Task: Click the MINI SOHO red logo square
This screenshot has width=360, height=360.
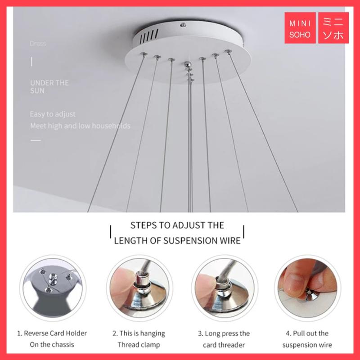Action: pos(300,28)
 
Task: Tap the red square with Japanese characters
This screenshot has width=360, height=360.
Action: pos(333,28)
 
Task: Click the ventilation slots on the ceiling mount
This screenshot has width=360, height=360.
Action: pos(149,36)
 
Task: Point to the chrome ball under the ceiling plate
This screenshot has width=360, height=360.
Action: pos(188,64)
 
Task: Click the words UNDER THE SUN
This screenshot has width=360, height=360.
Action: pos(49,86)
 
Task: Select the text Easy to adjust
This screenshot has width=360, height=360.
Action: pos(53,114)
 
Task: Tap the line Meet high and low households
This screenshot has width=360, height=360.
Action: pos(80,126)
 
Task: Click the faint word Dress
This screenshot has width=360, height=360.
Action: pos(38,44)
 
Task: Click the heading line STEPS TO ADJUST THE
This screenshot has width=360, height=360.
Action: pos(177,225)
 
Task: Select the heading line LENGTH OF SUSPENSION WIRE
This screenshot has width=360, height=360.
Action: pos(177,241)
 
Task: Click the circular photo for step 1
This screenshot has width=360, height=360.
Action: pos(53,288)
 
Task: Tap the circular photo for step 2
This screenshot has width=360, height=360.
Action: pos(139,288)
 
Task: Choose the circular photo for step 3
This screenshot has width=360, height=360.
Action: pos(225,288)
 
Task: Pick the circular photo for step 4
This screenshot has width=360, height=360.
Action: pos(307,288)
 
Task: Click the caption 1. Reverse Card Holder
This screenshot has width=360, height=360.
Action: pos(52,333)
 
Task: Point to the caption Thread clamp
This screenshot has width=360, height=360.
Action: pos(139,345)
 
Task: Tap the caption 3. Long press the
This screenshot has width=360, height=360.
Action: pos(224,333)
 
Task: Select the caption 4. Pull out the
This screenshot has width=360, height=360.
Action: pos(307,333)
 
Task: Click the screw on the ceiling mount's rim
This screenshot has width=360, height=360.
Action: pos(183,25)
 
